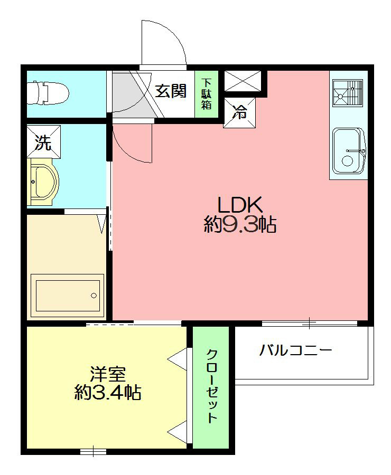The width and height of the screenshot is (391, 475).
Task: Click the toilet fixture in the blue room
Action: tap(49, 93)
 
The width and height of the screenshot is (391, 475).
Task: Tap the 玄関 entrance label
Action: tap(171, 91)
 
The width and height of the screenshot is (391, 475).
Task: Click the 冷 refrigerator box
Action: tap(239, 112)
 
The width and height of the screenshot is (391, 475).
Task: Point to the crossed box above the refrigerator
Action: tap(242, 81)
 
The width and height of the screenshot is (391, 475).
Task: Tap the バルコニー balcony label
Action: tap(295, 350)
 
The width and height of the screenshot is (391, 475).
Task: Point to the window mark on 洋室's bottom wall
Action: tap(94, 451)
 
